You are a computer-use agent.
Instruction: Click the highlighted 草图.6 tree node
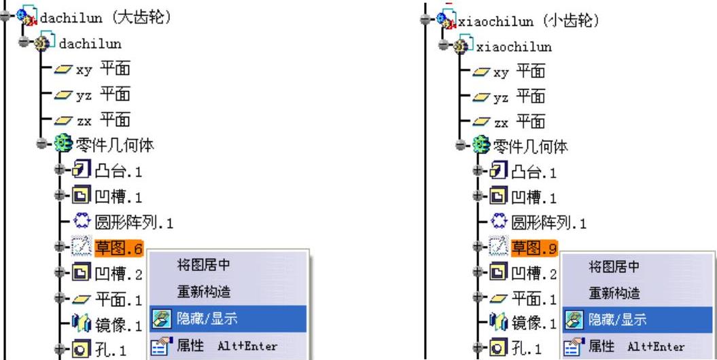pyautogui.click(x=118, y=248)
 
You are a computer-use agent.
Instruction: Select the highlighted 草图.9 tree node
pyautogui.click(x=534, y=248)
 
